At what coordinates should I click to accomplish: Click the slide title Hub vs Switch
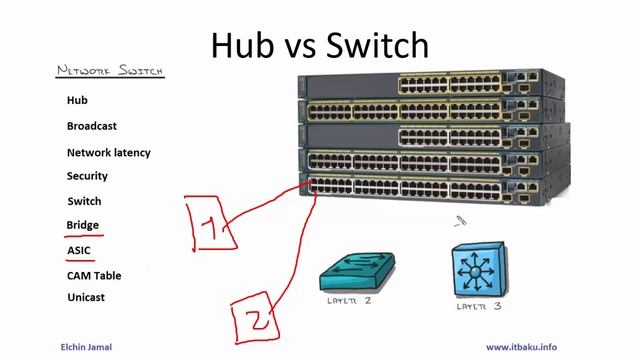point(321,44)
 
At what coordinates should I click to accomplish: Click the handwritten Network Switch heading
point(110,71)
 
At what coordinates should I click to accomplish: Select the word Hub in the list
point(78,100)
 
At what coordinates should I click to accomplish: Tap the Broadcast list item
point(92,126)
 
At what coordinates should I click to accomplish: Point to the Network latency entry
point(109,153)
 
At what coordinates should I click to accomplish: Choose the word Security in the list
point(87,176)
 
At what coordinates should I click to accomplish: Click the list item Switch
point(84,201)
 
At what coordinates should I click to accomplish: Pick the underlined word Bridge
point(83,225)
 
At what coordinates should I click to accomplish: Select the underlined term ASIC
point(79,250)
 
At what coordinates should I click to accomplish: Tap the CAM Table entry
point(94,275)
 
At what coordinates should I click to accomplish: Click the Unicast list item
point(86,297)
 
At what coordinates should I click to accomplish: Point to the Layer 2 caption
point(350,301)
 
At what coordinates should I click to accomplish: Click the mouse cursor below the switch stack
point(459,222)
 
